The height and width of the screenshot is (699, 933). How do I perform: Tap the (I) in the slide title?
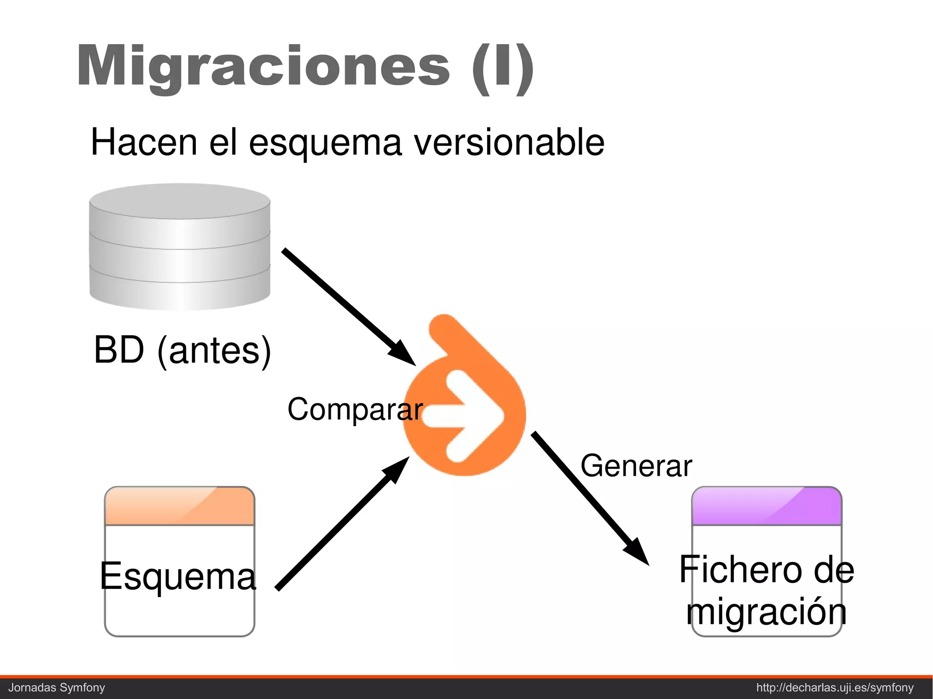click(502, 68)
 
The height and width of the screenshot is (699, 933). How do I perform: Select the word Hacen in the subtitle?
click(144, 143)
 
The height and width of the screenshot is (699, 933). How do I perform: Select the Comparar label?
click(355, 409)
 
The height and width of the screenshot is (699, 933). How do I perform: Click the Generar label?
click(636, 466)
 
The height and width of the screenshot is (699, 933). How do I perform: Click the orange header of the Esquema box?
click(179, 506)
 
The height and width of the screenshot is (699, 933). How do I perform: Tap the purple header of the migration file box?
click(766, 506)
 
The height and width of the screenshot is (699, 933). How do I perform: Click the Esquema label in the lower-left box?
click(178, 576)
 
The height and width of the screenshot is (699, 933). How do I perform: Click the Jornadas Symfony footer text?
click(57, 688)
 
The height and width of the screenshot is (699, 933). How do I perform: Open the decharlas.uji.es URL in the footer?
click(835, 688)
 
